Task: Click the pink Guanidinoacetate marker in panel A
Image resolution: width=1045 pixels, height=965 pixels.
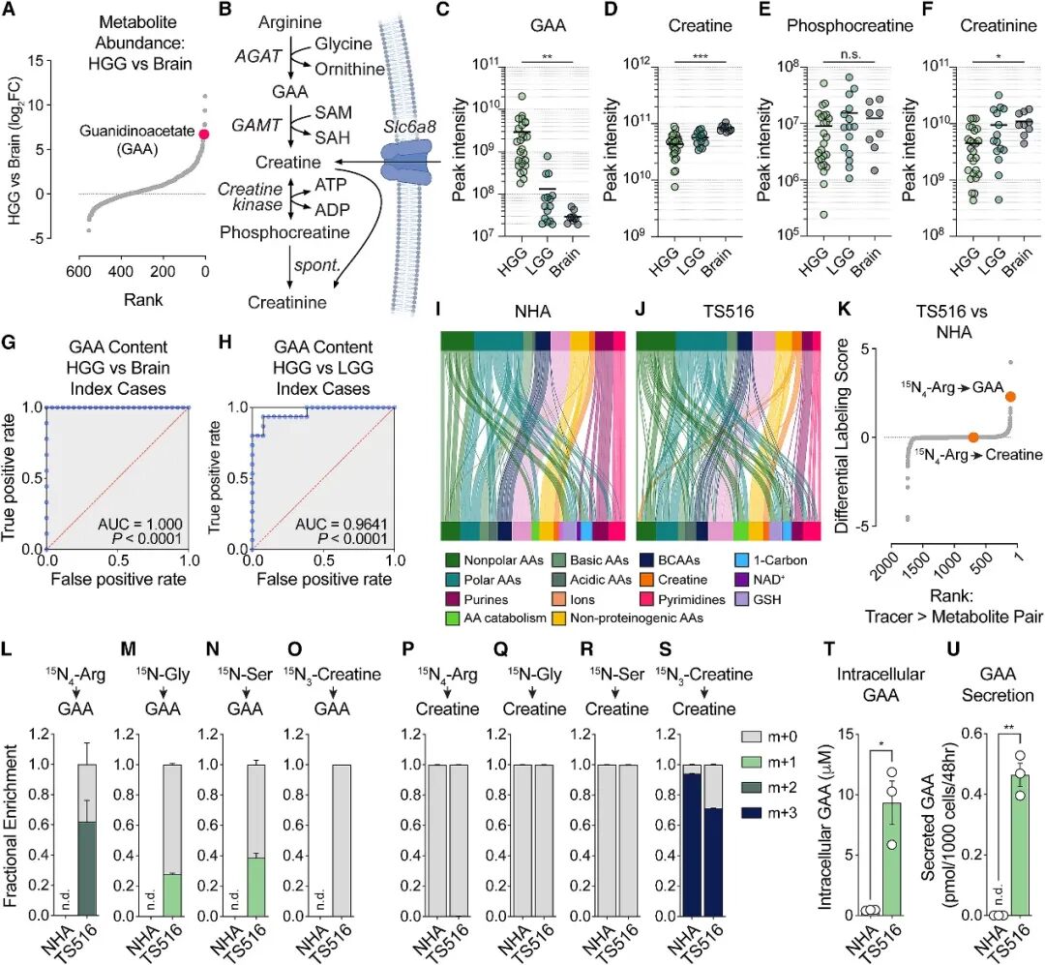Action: pyautogui.click(x=204, y=134)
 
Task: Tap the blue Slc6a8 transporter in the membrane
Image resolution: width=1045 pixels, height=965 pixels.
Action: pyautogui.click(x=408, y=162)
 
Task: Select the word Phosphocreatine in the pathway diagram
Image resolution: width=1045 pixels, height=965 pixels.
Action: pyautogui.click(x=284, y=232)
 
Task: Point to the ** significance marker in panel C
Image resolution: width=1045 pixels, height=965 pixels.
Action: pyautogui.click(x=547, y=57)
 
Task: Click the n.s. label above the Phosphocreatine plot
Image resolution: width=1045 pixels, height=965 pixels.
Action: pyautogui.click(x=850, y=54)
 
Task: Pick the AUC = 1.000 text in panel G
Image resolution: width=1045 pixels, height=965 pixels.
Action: pyautogui.click(x=140, y=525)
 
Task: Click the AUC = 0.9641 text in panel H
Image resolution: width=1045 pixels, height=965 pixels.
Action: pyautogui.click(x=342, y=525)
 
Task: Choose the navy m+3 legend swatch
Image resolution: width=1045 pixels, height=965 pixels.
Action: pyautogui.click(x=752, y=813)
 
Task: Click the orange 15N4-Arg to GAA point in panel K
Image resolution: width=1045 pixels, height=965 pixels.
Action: pyautogui.click(x=1010, y=397)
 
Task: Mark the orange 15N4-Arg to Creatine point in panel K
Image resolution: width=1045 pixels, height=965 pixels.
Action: pyautogui.click(x=973, y=437)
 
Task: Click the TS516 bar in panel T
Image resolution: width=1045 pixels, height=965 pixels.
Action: pyautogui.click(x=892, y=859)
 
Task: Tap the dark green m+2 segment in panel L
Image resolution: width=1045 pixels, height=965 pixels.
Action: pyautogui.click(x=87, y=868)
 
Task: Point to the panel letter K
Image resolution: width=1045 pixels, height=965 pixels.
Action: pyautogui.click(x=844, y=310)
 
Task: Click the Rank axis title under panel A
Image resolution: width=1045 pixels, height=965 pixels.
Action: pyautogui.click(x=143, y=299)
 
